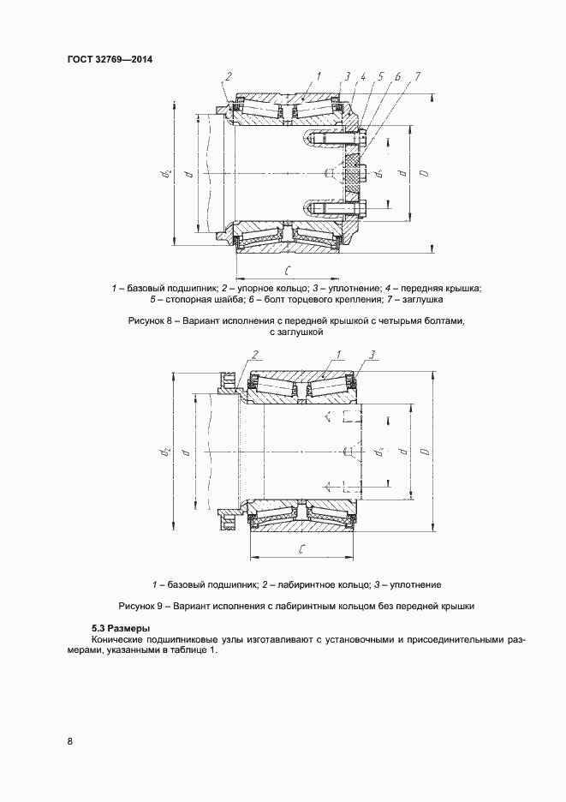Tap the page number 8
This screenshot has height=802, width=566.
[69, 740]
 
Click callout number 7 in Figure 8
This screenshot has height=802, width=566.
[417, 77]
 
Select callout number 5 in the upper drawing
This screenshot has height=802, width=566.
[380, 77]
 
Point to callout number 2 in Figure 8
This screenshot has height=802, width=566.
[229, 78]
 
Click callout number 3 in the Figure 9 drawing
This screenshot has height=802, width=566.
[373, 354]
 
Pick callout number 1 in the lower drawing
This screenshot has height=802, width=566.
[339, 354]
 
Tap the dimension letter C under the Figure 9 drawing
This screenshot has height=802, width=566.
[303, 547]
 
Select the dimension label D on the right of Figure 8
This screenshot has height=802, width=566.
[423, 174]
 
